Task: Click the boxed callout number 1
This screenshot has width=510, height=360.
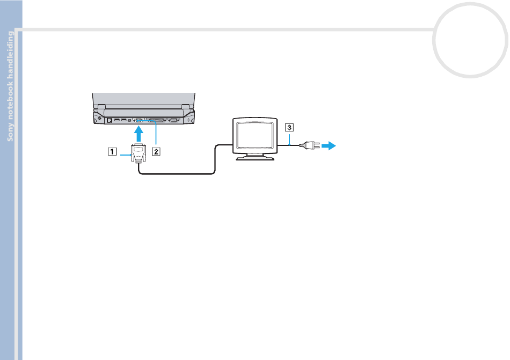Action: [x=112, y=151]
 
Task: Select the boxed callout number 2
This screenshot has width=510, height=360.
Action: [x=156, y=151]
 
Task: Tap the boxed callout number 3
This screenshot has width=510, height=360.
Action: [x=289, y=127]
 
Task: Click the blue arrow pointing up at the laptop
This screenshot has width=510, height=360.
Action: [x=139, y=134]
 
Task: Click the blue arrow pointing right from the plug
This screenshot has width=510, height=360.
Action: [x=329, y=145]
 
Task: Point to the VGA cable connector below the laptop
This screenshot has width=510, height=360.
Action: [x=139, y=153]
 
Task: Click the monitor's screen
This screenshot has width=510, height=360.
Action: [x=254, y=135]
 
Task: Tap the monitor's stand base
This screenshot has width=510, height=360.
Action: [x=255, y=158]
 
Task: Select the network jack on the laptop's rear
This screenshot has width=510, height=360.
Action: [x=110, y=120]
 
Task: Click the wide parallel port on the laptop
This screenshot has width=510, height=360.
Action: [x=156, y=120]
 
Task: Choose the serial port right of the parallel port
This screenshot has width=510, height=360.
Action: [x=174, y=120]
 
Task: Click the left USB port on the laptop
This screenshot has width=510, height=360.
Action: [x=117, y=120]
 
